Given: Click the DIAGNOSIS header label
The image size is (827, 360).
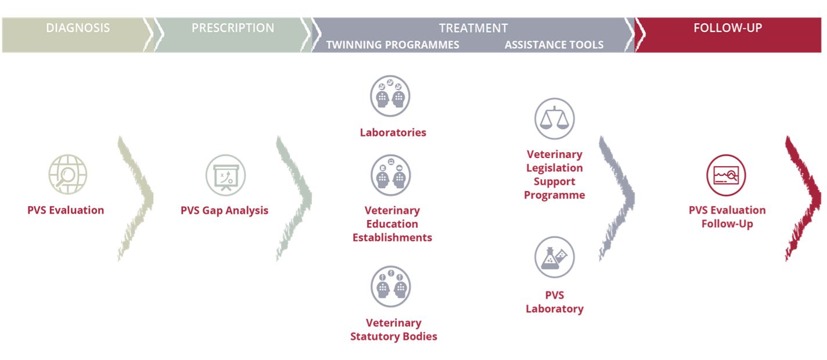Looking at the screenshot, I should (78, 28).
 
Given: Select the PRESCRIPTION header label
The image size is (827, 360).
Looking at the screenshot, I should (233, 28).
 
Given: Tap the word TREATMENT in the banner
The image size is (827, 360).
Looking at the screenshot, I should (473, 28).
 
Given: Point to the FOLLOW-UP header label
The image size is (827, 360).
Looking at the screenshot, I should (728, 28).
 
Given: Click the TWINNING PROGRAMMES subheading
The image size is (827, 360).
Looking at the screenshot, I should (393, 45).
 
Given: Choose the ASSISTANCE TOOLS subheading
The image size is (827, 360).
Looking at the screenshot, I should (554, 45).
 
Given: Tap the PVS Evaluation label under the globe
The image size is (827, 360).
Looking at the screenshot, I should (66, 210).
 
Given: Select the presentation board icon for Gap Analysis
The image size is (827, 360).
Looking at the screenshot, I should (225, 174).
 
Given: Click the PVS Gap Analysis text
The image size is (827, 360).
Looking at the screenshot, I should (224, 210).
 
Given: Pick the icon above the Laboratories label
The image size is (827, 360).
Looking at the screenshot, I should (390, 96).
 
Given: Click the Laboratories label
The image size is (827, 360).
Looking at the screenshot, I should (393, 132).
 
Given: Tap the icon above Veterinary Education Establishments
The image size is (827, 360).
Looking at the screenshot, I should (390, 175).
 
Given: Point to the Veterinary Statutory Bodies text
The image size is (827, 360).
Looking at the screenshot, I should (394, 330).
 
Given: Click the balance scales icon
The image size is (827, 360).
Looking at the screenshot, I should (554, 118).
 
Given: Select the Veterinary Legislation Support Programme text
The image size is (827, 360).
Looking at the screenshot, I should (555, 175).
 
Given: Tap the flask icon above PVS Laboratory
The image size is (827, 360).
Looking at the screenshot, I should (554, 257).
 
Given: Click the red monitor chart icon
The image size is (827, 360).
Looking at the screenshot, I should (726, 174).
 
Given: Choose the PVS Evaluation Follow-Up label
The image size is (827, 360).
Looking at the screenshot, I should (727, 217).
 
